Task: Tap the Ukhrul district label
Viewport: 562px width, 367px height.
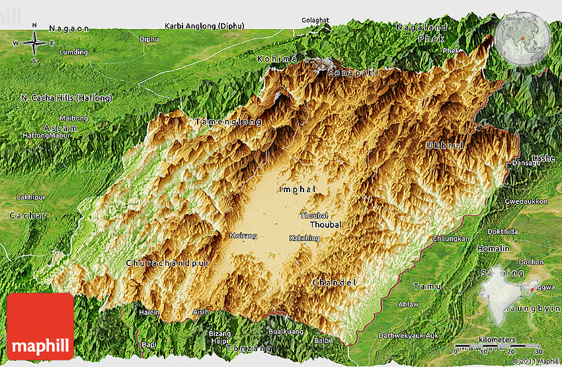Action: pos(444,145)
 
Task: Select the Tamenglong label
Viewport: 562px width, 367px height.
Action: pos(229,123)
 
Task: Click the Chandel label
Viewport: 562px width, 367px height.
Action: pos(334,283)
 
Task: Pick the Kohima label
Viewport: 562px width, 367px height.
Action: pos(277,59)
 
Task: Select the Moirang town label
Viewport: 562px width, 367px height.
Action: pos(242,236)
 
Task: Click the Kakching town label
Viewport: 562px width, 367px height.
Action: pos(304,238)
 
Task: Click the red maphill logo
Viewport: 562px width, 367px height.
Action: pos(40,327)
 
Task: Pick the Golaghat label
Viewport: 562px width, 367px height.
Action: pos(315,20)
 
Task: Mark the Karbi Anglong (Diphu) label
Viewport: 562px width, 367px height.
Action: pos(204,26)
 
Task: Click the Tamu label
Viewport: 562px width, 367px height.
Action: pos(423,286)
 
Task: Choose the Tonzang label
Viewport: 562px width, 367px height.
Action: pos(249,348)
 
